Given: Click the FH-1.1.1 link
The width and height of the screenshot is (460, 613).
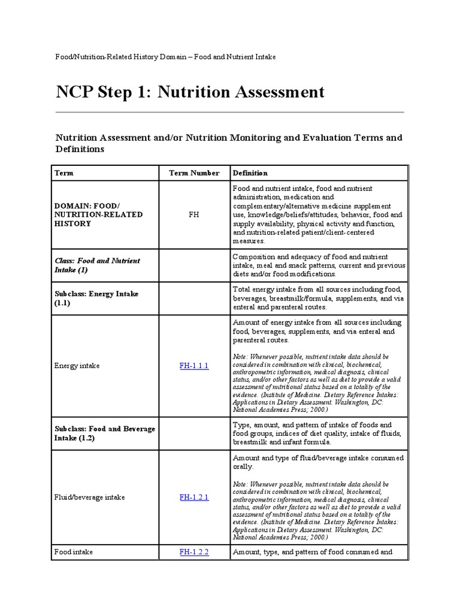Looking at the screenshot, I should (194, 366).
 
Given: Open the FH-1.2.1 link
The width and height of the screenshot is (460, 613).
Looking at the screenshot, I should (194, 497).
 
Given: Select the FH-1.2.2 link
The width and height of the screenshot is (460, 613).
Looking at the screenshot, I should (194, 552).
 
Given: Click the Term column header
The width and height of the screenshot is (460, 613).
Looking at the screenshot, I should (64, 173).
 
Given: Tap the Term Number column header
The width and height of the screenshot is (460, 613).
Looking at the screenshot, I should (194, 173).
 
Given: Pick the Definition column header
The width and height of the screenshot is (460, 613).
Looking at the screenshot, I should (250, 173).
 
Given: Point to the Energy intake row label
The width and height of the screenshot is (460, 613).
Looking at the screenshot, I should (77, 366).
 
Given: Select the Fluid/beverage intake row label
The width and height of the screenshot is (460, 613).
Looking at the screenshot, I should (90, 497).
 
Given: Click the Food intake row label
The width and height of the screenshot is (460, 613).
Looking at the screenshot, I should (74, 552).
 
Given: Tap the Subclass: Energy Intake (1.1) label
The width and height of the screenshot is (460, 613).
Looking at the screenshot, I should (96, 299).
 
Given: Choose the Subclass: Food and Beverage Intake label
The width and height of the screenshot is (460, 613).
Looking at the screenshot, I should (105, 433).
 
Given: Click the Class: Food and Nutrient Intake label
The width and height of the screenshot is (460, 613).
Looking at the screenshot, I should (97, 265).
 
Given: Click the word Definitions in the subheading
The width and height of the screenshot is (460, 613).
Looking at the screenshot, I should (80, 149).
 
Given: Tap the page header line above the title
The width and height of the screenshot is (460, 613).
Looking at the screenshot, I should (165, 56).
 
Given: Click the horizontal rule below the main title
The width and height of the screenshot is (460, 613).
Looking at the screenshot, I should (229, 112).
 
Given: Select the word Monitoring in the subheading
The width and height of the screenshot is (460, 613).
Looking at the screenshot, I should (262, 138).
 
